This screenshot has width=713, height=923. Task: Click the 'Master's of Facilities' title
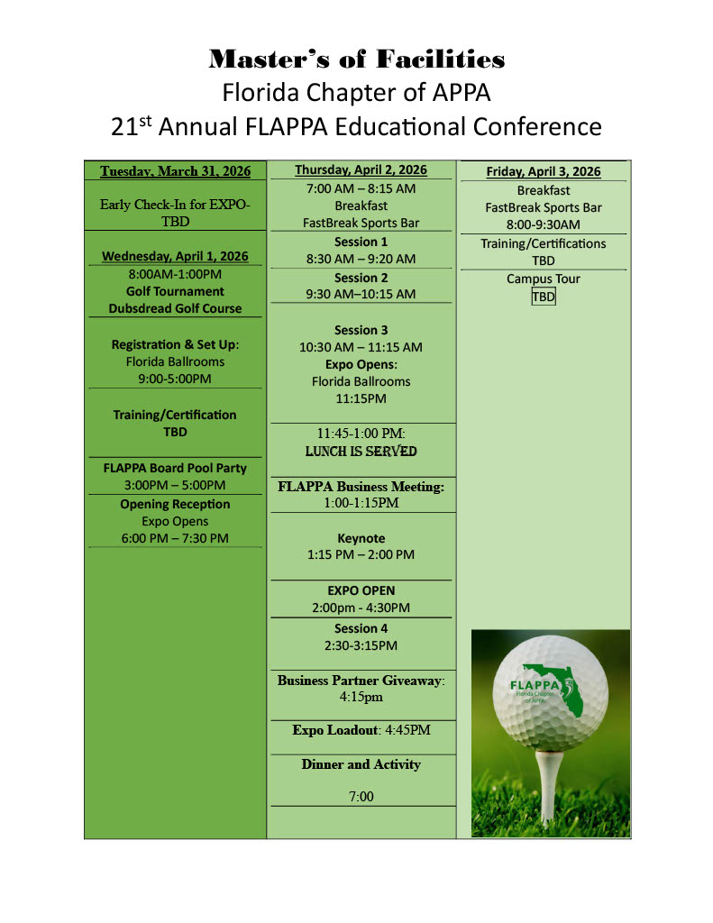coord(356,60)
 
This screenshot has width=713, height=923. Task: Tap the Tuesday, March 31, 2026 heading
coord(175,171)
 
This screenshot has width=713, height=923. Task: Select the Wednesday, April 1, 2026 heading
coord(175,257)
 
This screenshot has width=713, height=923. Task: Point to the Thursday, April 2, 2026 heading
coord(361,169)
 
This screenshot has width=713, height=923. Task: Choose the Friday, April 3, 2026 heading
coord(543,171)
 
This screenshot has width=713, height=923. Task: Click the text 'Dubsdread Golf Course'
coord(175,308)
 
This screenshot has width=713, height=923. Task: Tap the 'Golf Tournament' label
coord(175,291)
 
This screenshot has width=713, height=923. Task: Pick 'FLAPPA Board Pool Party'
coord(175,468)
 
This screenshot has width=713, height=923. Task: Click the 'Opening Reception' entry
coord(175,504)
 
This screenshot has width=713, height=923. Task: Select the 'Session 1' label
coord(361,242)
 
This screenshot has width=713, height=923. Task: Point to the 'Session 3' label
coord(361,330)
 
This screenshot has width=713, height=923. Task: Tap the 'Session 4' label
coord(361,628)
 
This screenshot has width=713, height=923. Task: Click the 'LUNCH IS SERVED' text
coord(361,451)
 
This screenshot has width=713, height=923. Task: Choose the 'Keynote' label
coord(361,538)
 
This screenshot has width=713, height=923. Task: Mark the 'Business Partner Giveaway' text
coord(360,681)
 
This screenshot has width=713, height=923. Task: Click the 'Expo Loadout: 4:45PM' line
coord(361,730)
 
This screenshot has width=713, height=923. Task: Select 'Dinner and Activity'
coord(361,764)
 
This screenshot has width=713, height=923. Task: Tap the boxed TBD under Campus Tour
coord(543,297)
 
